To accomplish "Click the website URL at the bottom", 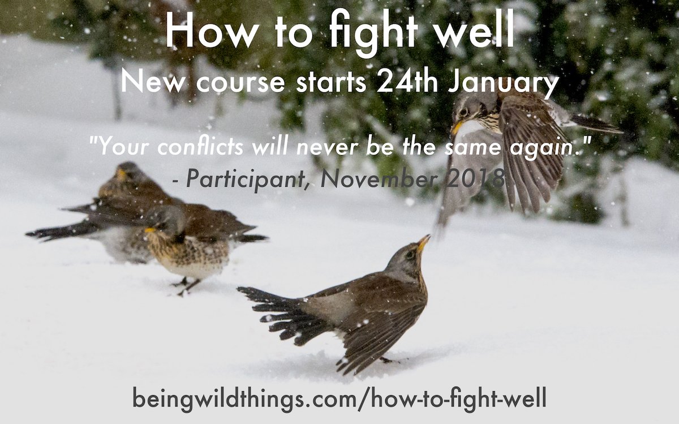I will [339, 398].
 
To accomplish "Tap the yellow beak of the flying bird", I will [457, 128].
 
